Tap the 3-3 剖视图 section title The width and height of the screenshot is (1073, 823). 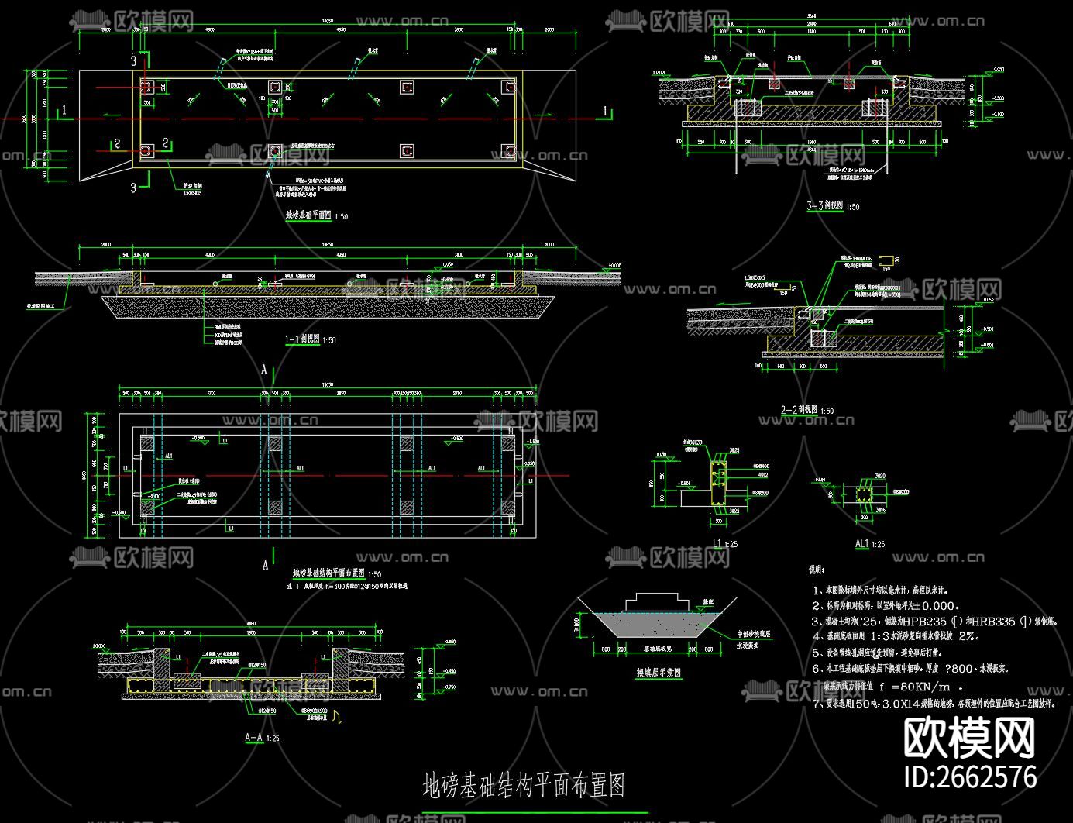[x=826, y=206]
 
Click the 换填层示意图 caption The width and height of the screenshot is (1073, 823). [x=659, y=672]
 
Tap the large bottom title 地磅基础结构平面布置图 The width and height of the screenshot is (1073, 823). [x=524, y=785]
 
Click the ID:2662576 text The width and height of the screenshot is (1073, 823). [x=970, y=777]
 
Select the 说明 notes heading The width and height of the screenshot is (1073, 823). [x=817, y=570]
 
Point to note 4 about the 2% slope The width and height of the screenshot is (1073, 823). [x=896, y=636]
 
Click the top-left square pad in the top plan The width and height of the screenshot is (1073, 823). [x=146, y=86]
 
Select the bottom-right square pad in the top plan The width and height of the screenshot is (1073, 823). [x=508, y=150]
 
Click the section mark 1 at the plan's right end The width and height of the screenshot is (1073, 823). [x=606, y=112]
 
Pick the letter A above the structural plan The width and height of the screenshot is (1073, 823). [x=264, y=370]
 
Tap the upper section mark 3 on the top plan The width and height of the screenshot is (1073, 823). [x=133, y=60]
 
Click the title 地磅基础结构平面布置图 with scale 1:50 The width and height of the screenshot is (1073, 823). [x=329, y=573]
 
